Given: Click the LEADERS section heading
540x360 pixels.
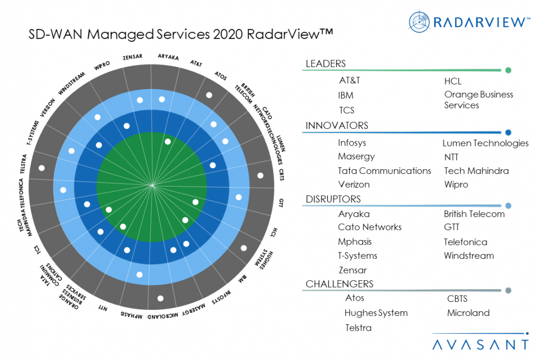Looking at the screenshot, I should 326,64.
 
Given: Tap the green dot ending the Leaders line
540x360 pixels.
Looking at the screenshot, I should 507,70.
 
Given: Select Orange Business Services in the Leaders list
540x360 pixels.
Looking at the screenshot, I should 478,100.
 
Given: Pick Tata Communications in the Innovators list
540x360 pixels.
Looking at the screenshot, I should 384,171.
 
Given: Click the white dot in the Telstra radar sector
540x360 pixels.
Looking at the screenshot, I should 41,168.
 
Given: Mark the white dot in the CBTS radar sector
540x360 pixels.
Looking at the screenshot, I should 261,176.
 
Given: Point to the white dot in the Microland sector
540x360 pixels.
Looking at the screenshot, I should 160,298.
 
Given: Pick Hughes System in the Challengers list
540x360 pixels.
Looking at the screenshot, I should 376,313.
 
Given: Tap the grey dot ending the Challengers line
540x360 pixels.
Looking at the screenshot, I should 507,290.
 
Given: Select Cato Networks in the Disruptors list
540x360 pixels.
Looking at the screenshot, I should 370,227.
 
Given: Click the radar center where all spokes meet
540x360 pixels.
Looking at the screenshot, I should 152,184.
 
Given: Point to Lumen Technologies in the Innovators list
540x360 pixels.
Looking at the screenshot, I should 485,143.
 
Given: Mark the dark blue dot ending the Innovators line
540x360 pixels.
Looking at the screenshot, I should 507,133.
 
